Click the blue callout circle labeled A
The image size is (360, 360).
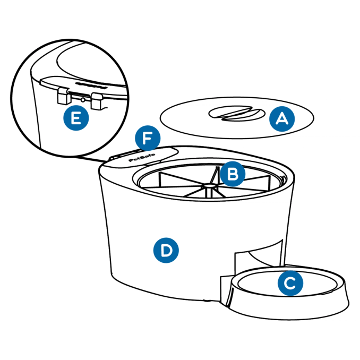pos(282,119)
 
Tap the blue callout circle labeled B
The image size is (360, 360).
pos(233,174)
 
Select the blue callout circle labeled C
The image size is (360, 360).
pos(290,283)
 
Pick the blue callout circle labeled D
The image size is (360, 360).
pos(166,250)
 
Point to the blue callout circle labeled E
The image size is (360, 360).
pos(76,118)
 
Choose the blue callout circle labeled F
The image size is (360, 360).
pos(148,138)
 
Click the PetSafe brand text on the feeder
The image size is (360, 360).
pos(142,158)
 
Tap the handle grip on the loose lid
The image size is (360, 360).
pos(236,113)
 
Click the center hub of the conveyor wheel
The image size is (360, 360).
pos(209,185)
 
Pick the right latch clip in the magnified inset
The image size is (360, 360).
pos(97,100)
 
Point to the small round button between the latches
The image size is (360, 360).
pos(83,100)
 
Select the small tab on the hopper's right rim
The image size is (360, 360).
pos(284,178)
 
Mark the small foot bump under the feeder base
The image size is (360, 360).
pos(207,301)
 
